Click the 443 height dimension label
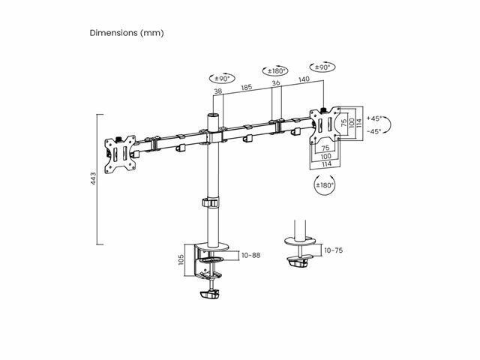(93, 178)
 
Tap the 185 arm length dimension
(247, 87)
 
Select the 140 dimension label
(304, 79)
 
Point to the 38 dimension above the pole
(218, 91)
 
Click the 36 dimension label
(276, 83)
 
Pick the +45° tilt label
(374, 118)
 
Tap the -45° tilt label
(374, 131)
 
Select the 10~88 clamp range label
(251, 255)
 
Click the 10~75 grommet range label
(334, 250)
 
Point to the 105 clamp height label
(181, 259)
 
